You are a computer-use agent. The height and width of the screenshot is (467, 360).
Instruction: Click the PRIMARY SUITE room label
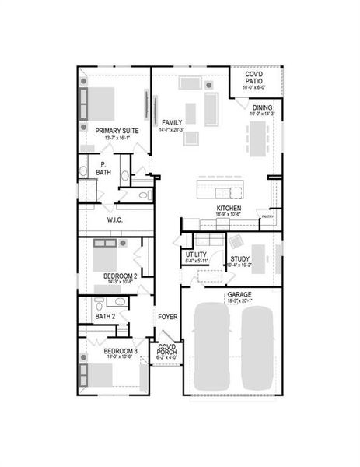click(x=117, y=131)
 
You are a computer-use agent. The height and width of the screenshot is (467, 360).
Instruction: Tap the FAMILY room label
click(x=172, y=122)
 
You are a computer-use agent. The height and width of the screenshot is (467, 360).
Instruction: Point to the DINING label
click(x=261, y=107)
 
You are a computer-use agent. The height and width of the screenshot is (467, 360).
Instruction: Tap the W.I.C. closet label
click(x=115, y=219)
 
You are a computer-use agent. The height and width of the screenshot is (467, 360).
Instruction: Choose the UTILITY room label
click(x=196, y=255)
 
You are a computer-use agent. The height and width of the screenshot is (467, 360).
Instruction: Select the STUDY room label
click(x=239, y=259)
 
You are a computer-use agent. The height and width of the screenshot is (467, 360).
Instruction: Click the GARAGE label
click(x=238, y=296)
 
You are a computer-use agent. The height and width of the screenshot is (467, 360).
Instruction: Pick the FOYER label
click(x=167, y=317)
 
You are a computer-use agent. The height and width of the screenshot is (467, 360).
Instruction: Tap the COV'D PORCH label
click(x=166, y=351)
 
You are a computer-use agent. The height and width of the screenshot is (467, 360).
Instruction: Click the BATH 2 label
click(x=105, y=317)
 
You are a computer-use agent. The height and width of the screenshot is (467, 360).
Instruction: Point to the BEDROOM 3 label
click(x=120, y=351)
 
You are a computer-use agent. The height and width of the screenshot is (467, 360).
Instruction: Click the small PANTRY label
click(x=267, y=217)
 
